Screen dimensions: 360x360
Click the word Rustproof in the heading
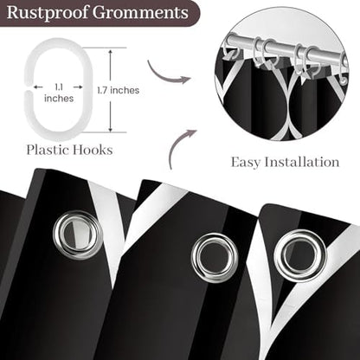tap(48, 13)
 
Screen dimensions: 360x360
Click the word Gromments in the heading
tap(140, 14)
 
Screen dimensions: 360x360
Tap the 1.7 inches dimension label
tap(119, 90)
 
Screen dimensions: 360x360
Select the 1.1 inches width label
tap(59, 93)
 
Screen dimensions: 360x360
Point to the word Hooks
tap(93, 150)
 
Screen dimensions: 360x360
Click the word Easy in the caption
tap(246, 163)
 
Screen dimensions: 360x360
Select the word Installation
tap(302, 162)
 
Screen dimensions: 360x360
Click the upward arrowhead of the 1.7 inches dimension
tap(110, 53)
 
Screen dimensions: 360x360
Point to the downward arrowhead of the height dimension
tap(110, 128)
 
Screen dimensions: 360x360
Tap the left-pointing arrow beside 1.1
tap(38, 87)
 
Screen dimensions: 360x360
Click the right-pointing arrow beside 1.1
tap(78, 87)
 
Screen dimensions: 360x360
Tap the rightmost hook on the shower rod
tap(344, 72)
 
